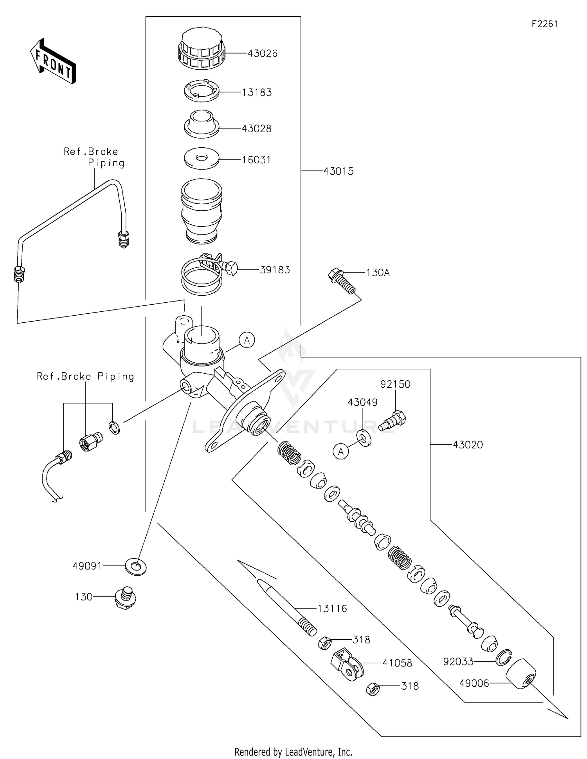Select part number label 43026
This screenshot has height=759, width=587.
coord(262,54)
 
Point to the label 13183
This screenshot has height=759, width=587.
coord(257,92)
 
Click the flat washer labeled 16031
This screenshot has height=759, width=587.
coord(202,159)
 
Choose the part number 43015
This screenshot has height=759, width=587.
coord(339,171)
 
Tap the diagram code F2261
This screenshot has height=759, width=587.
coord(544,24)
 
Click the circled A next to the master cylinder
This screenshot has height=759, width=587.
coord(247,340)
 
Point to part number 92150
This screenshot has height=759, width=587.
coord(395,384)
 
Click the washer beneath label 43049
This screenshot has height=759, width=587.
coord(364,438)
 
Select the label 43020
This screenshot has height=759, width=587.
coord(468,445)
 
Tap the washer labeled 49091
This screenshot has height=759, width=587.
coord(135,566)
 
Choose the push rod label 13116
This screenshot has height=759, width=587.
coord(332,609)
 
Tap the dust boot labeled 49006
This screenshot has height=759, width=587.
coord(521,674)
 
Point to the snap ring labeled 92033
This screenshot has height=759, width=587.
coord(504,658)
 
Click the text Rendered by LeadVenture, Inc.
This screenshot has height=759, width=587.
coord(293,752)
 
